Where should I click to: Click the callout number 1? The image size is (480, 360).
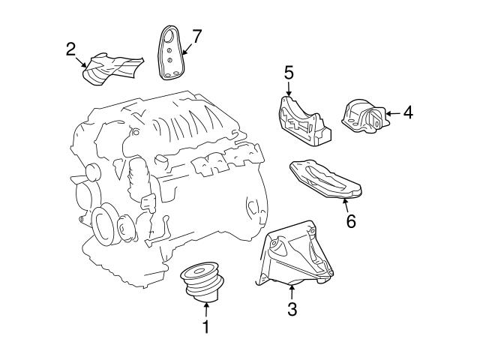204,327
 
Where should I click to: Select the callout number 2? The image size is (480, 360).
70,49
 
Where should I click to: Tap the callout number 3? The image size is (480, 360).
292,308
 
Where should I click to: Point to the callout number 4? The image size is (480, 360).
407,113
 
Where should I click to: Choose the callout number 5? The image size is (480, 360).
289,73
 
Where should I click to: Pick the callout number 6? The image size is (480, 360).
350,221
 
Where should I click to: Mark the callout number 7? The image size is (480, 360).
196,35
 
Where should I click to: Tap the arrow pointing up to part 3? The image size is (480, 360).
292,290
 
